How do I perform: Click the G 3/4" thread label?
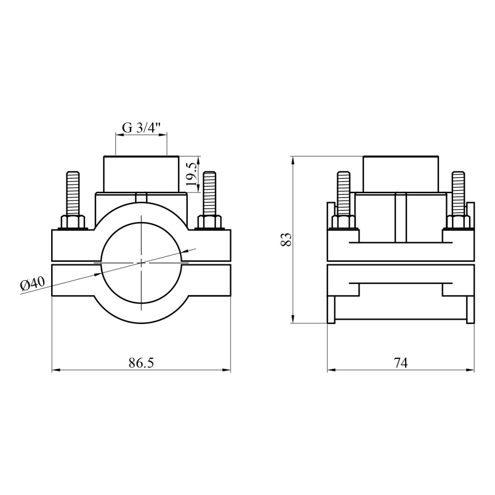point(142,128)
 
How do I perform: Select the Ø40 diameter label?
point(32,283)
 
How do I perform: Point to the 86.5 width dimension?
point(141,363)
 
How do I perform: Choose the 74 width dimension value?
point(401,363)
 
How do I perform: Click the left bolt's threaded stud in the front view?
point(73,194)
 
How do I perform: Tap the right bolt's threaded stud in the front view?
point(210,194)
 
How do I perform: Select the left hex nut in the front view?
point(73,222)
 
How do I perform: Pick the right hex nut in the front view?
point(210,222)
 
